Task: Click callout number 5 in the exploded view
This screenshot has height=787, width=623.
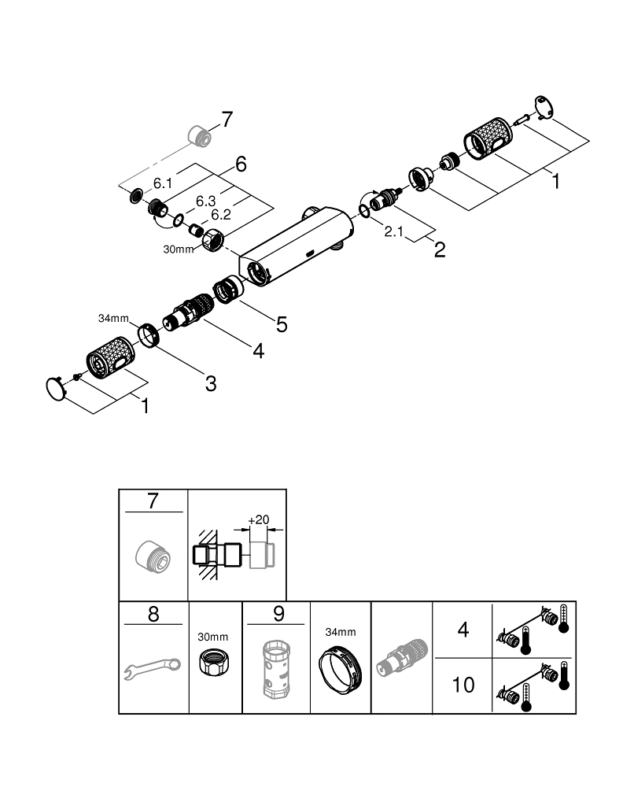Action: (282, 323)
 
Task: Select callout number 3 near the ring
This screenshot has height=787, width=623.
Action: (210, 383)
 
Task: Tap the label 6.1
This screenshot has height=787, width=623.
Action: (163, 183)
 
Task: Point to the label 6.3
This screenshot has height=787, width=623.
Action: (206, 201)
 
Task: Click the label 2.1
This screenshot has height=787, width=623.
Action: (395, 232)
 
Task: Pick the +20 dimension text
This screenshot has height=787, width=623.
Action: (257, 520)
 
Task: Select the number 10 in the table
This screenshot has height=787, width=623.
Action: (463, 685)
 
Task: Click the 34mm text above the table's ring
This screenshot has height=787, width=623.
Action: (341, 632)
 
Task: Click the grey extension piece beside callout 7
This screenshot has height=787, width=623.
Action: (201, 136)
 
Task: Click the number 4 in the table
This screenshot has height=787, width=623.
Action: (463, 630)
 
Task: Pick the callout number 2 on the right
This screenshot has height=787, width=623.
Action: (440, 250)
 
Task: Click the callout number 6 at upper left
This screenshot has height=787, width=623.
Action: (241, 164)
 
